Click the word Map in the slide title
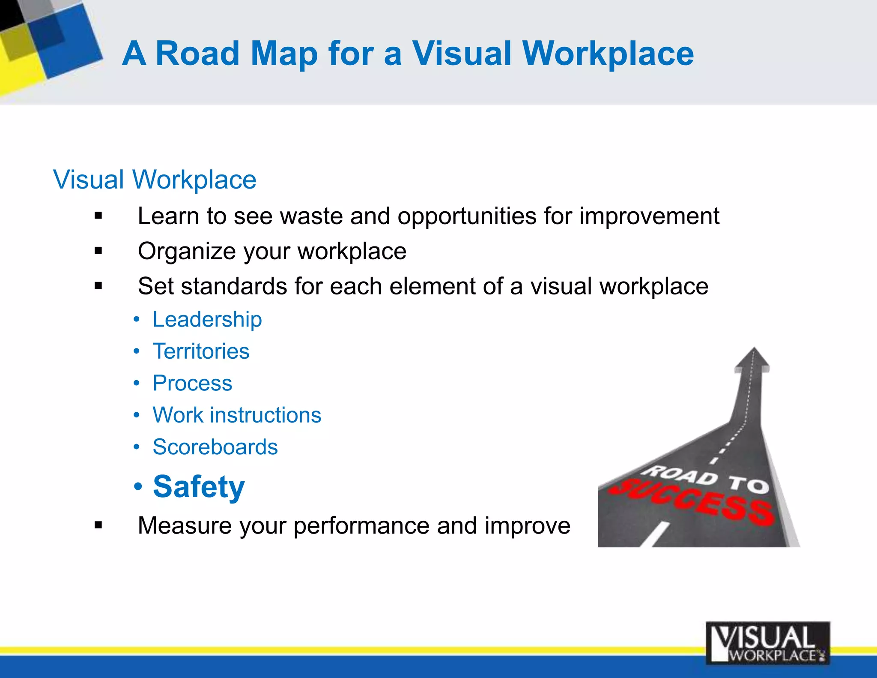point(284,54)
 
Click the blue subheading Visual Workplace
point(155,179)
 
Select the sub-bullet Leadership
point(207,319)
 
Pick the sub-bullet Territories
point(201,351)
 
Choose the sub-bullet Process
point(192,383)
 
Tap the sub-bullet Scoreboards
point(215,447)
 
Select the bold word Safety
point(199,487)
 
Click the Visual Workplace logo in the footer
point(767,643)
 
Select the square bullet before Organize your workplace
point(98,251)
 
